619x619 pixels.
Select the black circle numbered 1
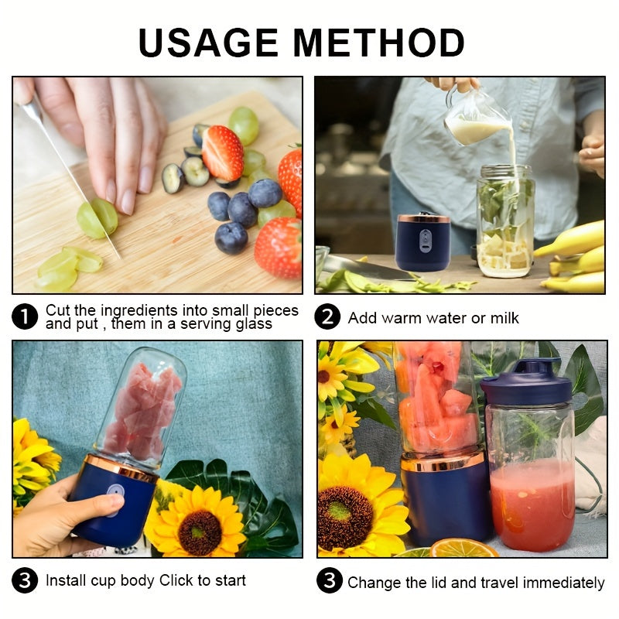pos(26,316)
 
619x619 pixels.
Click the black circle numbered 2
pos(327,317)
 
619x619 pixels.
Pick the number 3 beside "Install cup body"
pos(26,580)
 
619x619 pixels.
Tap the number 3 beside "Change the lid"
pos(329,581)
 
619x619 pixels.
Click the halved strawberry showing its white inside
pos(223,152)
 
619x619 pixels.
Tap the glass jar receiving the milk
pos(504,221)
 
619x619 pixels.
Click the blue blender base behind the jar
pos(423,241)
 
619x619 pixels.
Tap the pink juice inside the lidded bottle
pos(532,503)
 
